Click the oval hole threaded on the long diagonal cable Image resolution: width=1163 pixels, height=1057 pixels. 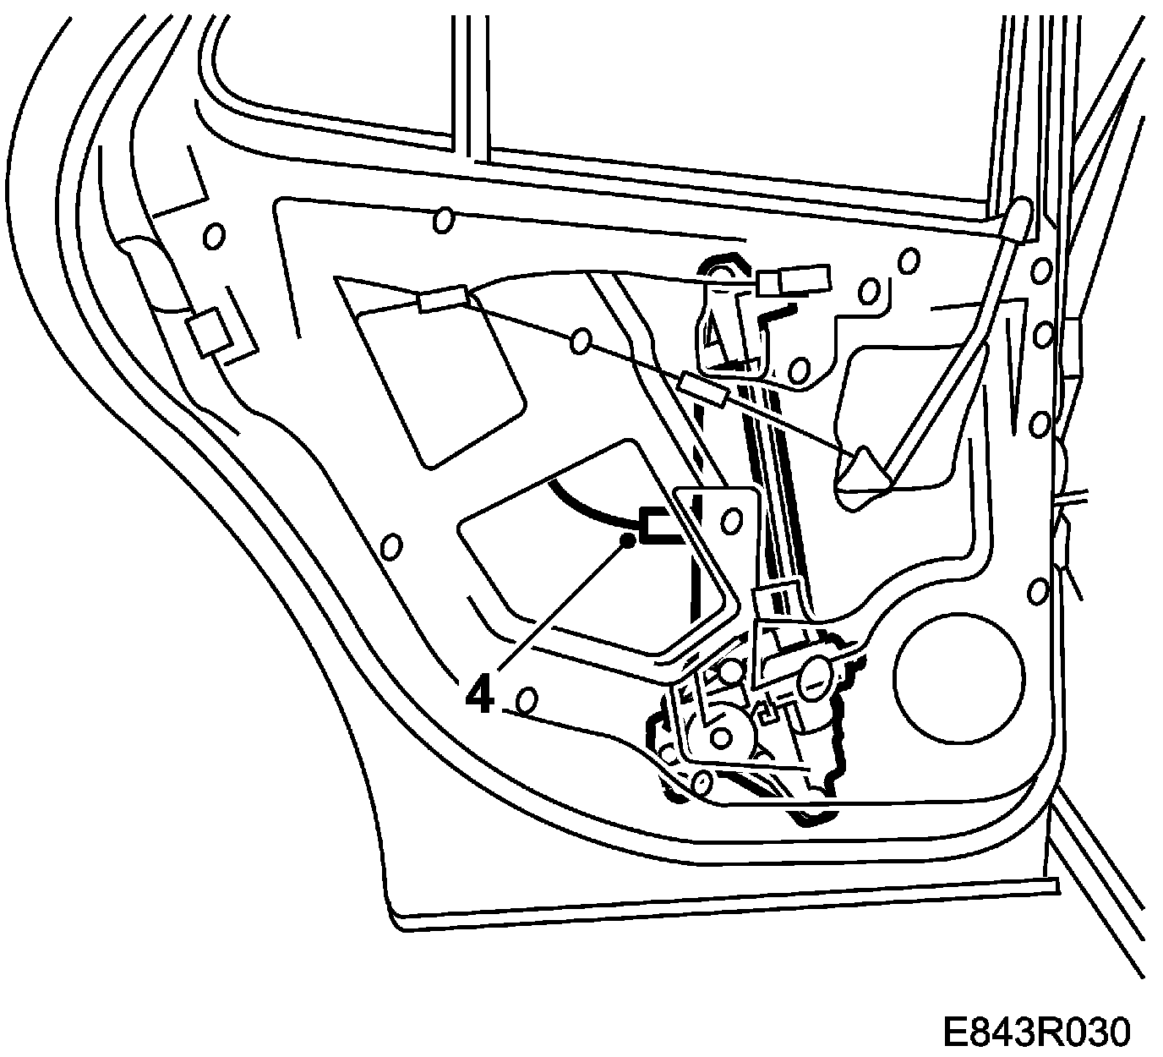581,341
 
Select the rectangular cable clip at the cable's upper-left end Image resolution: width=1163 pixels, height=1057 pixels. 443,298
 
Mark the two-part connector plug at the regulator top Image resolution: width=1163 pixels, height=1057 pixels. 794,279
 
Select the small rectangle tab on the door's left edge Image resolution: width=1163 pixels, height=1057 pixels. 206,331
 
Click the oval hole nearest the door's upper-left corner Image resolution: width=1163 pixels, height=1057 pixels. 215,236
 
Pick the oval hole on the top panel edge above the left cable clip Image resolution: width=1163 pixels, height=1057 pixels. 442,221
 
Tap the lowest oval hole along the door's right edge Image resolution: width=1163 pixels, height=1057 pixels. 1039,589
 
